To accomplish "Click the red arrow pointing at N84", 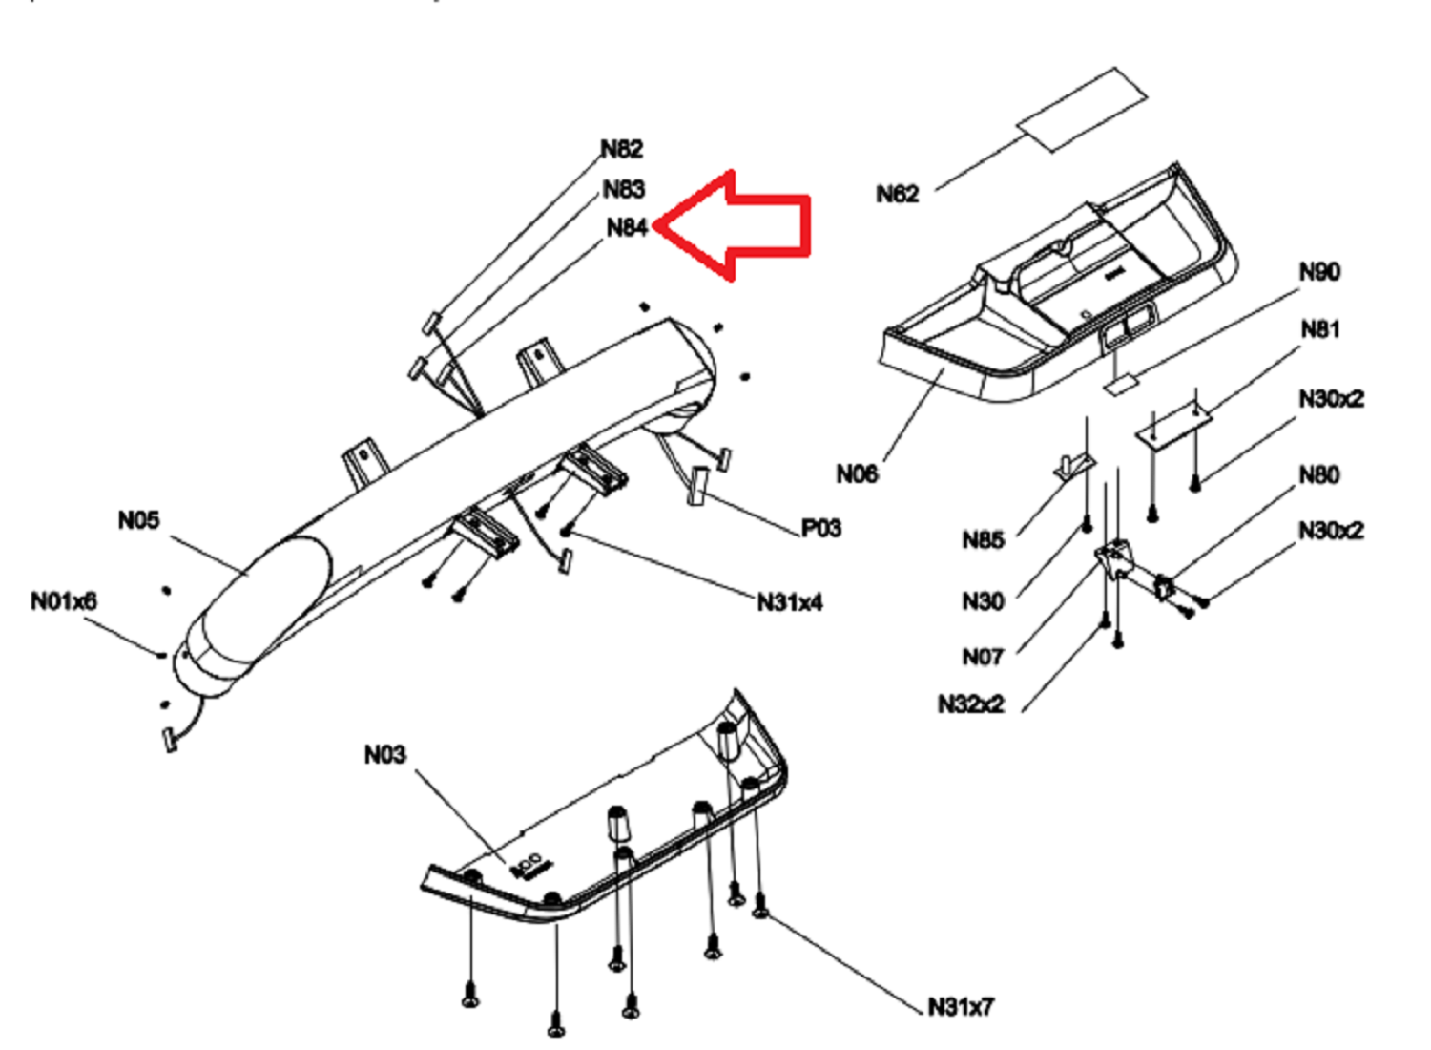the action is pos(732,225).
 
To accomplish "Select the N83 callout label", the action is pos(624,189).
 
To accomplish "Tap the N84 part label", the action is pos(628,227).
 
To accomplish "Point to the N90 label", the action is pos(1319,272).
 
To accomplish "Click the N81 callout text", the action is pos(1319,329).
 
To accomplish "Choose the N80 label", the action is pos(1319,475).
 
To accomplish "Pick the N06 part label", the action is pos(857,474).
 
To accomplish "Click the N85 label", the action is pos(984,540).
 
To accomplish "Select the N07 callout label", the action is pos(984,657).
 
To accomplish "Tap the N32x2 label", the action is pos(971,704).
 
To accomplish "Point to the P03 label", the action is pos(820,529).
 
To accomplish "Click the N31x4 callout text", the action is pos(790,602).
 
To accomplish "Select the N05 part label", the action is pos(138,520).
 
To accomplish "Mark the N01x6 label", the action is pos(64,601).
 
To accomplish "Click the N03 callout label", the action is pos(385,755).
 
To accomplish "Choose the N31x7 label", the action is pos(961,1007).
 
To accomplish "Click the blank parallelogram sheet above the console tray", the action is pos(1082,110).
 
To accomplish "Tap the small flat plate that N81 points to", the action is pos(1173,424).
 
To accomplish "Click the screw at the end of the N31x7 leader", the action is pos(759,907).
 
